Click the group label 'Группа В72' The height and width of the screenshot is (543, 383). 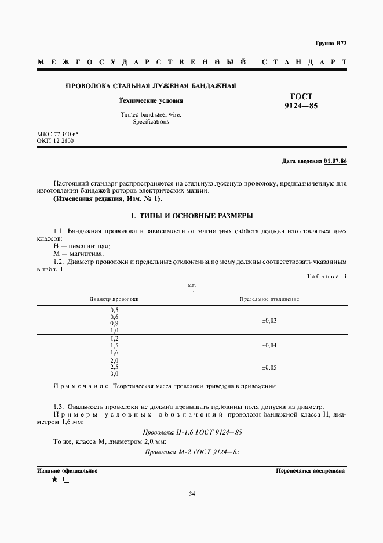click(x=331, y=44)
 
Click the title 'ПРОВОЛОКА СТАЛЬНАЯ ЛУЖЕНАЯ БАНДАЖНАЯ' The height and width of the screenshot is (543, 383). click(x=151, y=86)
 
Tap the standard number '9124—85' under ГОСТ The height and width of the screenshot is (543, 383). click(x=301, y=106)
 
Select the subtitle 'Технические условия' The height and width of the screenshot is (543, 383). click(x=151, y=100)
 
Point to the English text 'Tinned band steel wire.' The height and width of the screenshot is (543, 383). click(x=151, y=115)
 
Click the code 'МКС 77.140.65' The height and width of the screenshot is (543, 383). click(x=57, y=134)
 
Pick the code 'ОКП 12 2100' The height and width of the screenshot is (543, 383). click(x=55, y=140)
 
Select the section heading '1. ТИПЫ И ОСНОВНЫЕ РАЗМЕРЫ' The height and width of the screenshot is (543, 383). click(x=192, y=216)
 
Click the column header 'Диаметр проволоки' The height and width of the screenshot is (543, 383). click(x=114, y=299)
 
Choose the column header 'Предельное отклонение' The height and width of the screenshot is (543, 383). click(x=269, y=299)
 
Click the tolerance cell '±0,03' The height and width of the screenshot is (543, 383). click(x=269, y=320)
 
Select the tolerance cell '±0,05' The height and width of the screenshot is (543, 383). click(x=269, y=367)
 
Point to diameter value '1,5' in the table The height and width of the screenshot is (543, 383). click(x=114, y=345)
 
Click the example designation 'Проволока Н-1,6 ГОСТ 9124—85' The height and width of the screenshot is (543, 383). click(x=192, y=432)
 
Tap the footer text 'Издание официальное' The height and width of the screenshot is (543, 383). click(x=67, y=471)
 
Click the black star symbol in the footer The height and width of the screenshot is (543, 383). click(x=54, y=480)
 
